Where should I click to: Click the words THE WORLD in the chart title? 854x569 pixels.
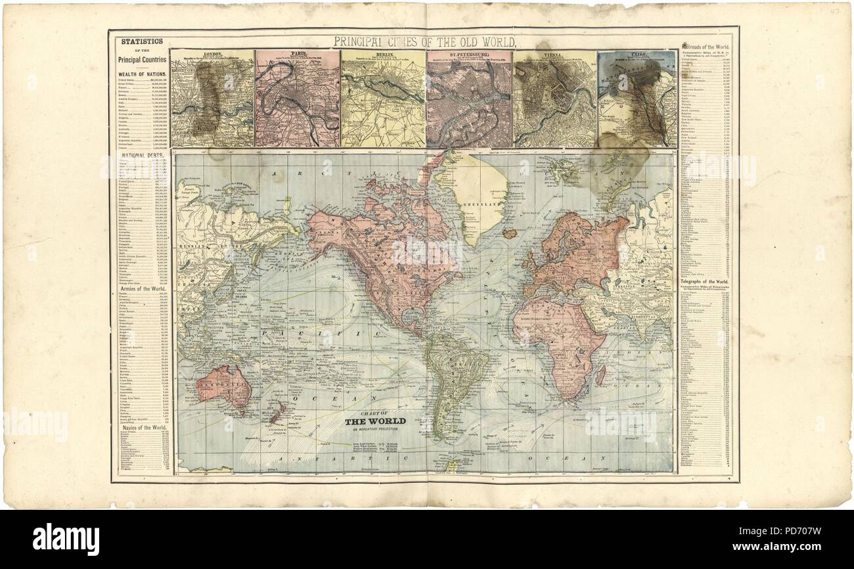point(375,421)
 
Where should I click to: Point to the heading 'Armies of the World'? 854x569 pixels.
point(139,288)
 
